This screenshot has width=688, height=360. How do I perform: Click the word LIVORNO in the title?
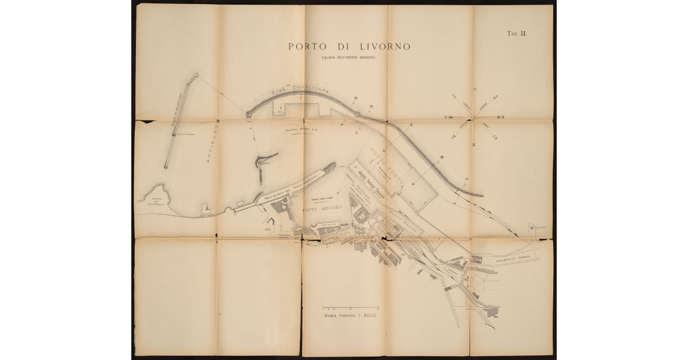[x=382, y=46]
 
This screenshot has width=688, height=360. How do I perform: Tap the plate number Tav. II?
[x=516, y=34]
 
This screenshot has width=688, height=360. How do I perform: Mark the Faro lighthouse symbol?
[x=261, y=162]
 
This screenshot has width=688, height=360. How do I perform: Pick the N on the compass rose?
[x=503, y=118]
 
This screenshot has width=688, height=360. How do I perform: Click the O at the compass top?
[x=474, y=89]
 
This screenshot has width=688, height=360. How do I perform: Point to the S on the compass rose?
[x=446, y=116]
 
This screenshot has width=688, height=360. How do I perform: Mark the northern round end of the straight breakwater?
[x=197, y=75]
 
